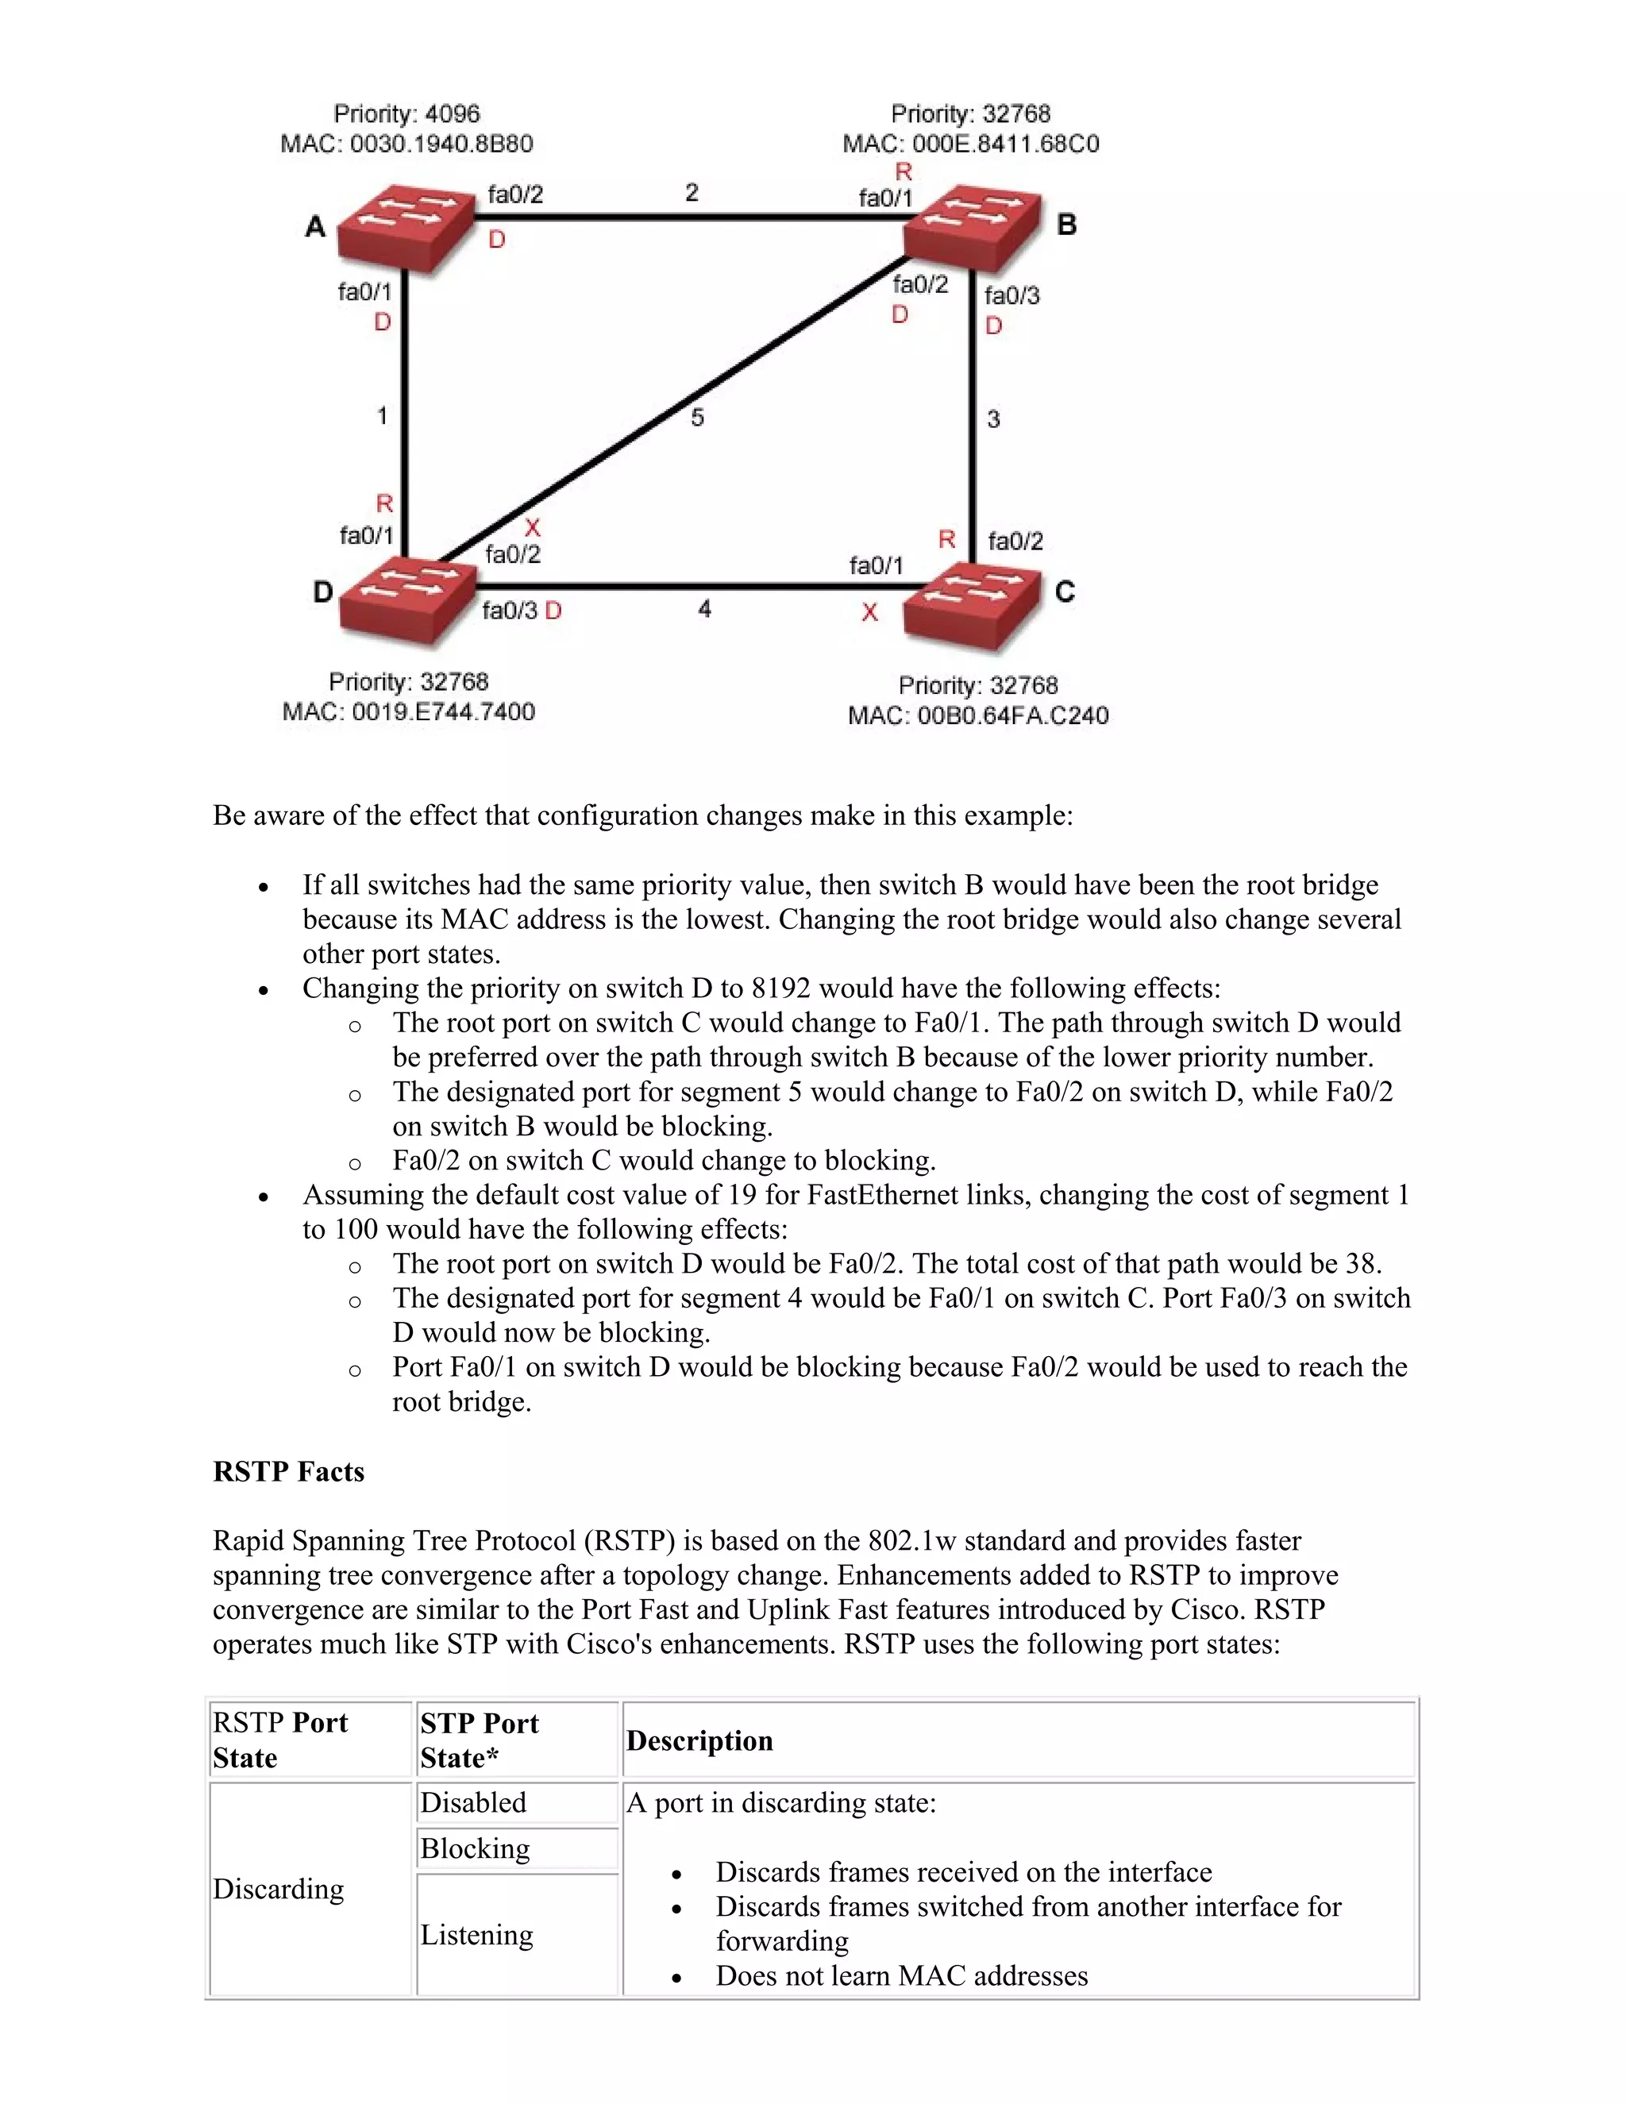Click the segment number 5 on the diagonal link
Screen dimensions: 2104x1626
(x=697, y=417)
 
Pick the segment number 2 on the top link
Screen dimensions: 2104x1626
(x=692, y=193)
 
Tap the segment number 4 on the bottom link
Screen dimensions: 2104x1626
(x=704, y=609)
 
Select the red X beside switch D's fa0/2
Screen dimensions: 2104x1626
(x=532, y=528)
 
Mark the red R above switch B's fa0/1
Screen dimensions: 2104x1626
(x=903, y=172)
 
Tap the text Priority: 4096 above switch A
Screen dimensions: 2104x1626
(x=406, y=114)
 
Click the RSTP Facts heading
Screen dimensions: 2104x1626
(x=288, y=1471)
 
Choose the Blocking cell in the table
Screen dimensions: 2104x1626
(x=475, y=1848)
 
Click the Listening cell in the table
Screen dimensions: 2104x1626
(x=477, y=1934)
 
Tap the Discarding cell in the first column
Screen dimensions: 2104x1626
(x=279, y=1889)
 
